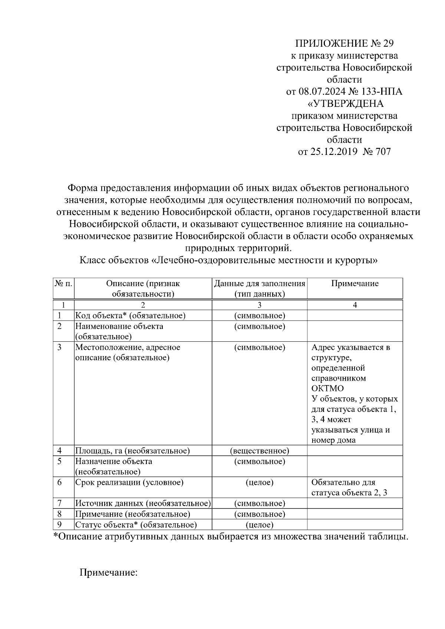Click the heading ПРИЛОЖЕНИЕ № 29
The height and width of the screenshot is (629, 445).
[x=344, y=44]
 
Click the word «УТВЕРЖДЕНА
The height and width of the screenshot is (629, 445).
[x=346, y=103]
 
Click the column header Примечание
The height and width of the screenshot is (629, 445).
[x=355, y=284]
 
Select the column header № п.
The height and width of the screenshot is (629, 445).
[x=63, y=284]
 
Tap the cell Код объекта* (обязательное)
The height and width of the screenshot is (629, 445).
[x=131, y=315]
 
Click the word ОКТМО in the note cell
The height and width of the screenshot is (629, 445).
[x=327, y=388]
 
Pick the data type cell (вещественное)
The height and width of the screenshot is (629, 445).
[x=260, y=451]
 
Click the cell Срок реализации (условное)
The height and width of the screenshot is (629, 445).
[x=129, y=482]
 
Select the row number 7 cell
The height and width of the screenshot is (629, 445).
[x=59, y=503]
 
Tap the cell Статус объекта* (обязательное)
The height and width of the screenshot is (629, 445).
[x=136, y=524]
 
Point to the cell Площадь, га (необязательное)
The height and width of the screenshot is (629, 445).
[x=133, y=451]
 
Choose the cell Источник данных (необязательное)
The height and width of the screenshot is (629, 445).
[x=143, y=503]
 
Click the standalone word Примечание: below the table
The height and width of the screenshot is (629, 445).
[x=109, y=573]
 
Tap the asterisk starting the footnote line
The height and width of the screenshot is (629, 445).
[x=56, y=536]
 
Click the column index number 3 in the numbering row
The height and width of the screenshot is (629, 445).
[x=260, y=305]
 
